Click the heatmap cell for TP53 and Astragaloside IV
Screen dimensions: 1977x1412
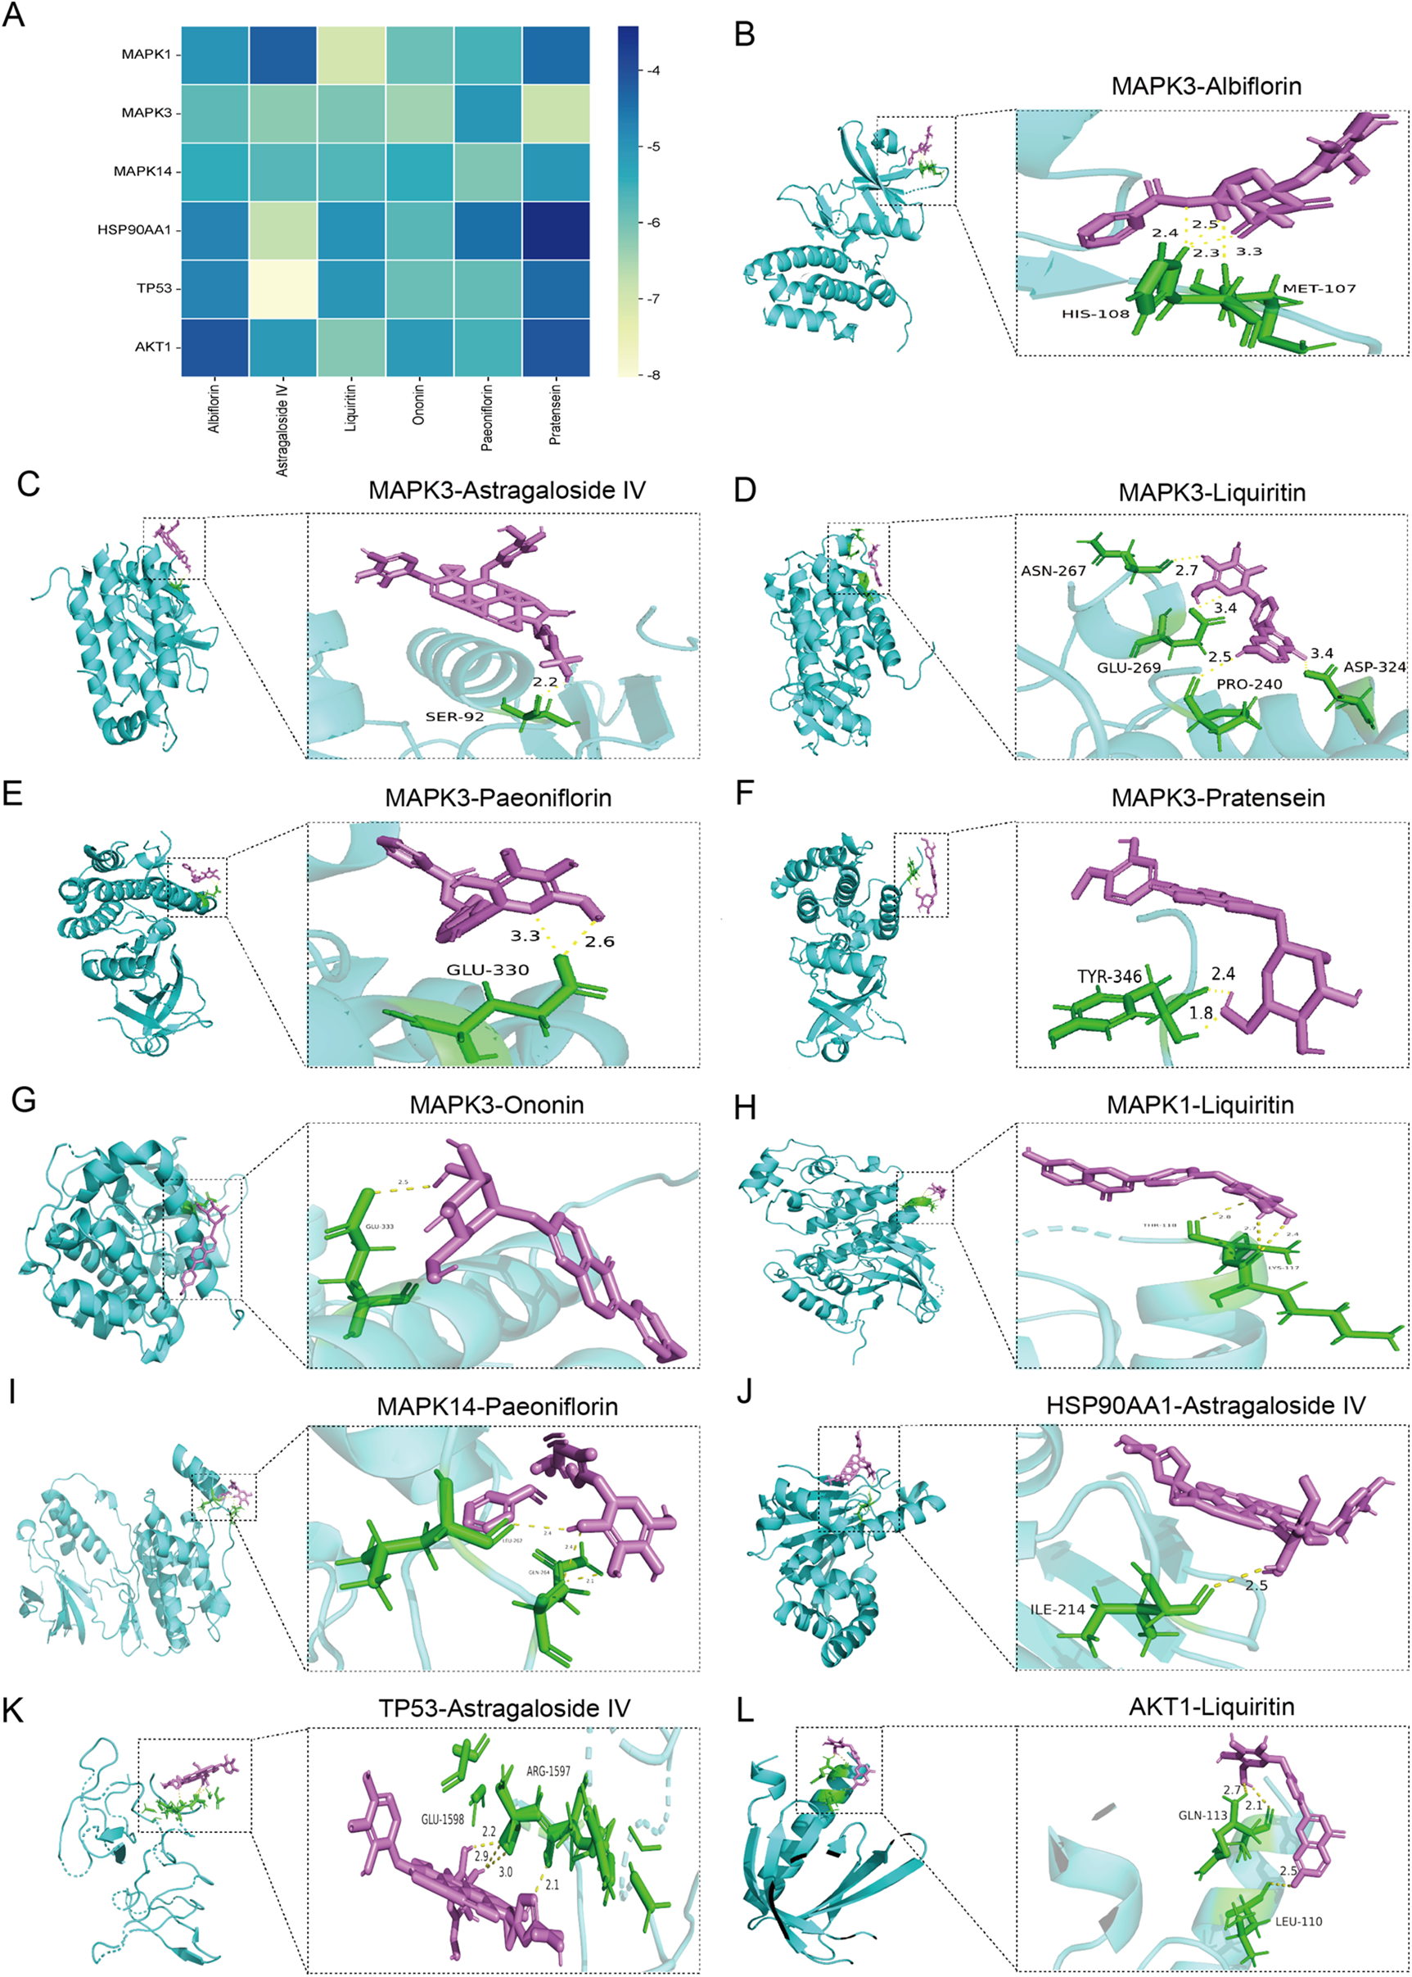click(283, 289)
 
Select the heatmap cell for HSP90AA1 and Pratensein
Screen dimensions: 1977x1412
click(556, 230)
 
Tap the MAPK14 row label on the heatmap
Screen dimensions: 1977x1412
click(142, 171)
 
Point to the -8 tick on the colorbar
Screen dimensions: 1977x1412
click(653, 375)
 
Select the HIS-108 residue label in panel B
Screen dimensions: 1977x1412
click(1094, 314)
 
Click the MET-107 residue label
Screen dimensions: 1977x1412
click(1319, 288)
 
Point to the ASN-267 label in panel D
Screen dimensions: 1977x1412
click(1053, 572)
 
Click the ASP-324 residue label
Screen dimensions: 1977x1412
click(1374, 667)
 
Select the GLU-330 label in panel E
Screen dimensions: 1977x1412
click(487, 970)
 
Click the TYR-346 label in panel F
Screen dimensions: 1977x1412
click(1109, 977)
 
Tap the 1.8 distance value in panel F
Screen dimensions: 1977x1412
click(1201, 1013)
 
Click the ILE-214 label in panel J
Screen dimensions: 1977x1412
click(1058, 1610)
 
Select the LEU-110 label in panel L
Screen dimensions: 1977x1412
click(1298, 1921)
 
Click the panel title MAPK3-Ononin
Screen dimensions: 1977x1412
click(497, 1105)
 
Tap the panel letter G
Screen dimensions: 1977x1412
click(24, 1100)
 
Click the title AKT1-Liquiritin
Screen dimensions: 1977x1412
click(1211, 1708)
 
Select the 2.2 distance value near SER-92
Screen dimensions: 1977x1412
click(545, 682)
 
